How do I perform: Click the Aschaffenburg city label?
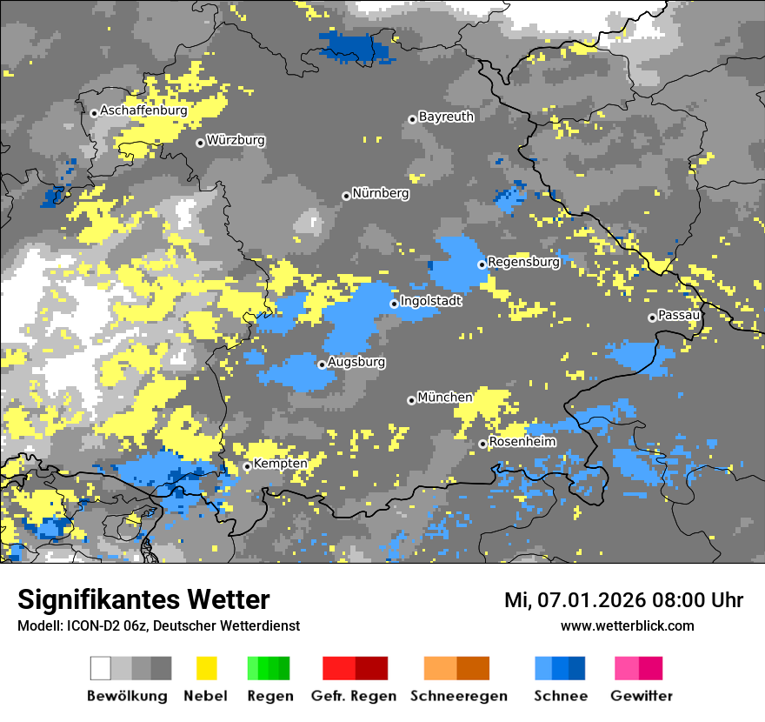(143, 111)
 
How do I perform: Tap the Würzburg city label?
(236, 141)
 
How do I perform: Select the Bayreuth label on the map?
(446, 117)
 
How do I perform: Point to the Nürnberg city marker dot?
(346, 196)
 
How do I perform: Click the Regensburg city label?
(523, 262)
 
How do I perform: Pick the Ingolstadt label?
(431, 302)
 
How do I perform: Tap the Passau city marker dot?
(652, 318)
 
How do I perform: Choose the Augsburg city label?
(356, 362)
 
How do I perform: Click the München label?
(445, 398)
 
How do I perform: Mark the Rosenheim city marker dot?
(482, 445)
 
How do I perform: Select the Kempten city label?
(280, 464)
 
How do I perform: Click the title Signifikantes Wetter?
(143, 599)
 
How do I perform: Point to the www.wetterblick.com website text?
(627, 625)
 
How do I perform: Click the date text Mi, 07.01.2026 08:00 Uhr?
(623, 600)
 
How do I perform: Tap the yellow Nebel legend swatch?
(206, 668)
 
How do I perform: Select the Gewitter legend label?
(641, 696)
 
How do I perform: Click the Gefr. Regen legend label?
(353, 696)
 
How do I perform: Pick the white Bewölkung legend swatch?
(101, 668)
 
